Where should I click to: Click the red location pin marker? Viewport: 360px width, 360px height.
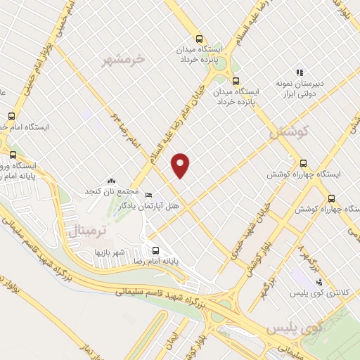[x=181, y=165]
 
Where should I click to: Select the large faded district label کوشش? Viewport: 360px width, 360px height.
[x=285, y=131]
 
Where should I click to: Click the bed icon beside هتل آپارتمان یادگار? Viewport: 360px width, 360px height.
[x=148, y=195]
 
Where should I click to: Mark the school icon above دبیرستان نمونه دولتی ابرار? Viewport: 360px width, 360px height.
[x=299, y=72]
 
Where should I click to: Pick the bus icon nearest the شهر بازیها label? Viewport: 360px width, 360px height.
[x=155, y=250]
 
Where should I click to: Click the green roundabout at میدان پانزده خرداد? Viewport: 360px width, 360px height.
[x=236, y=79]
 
